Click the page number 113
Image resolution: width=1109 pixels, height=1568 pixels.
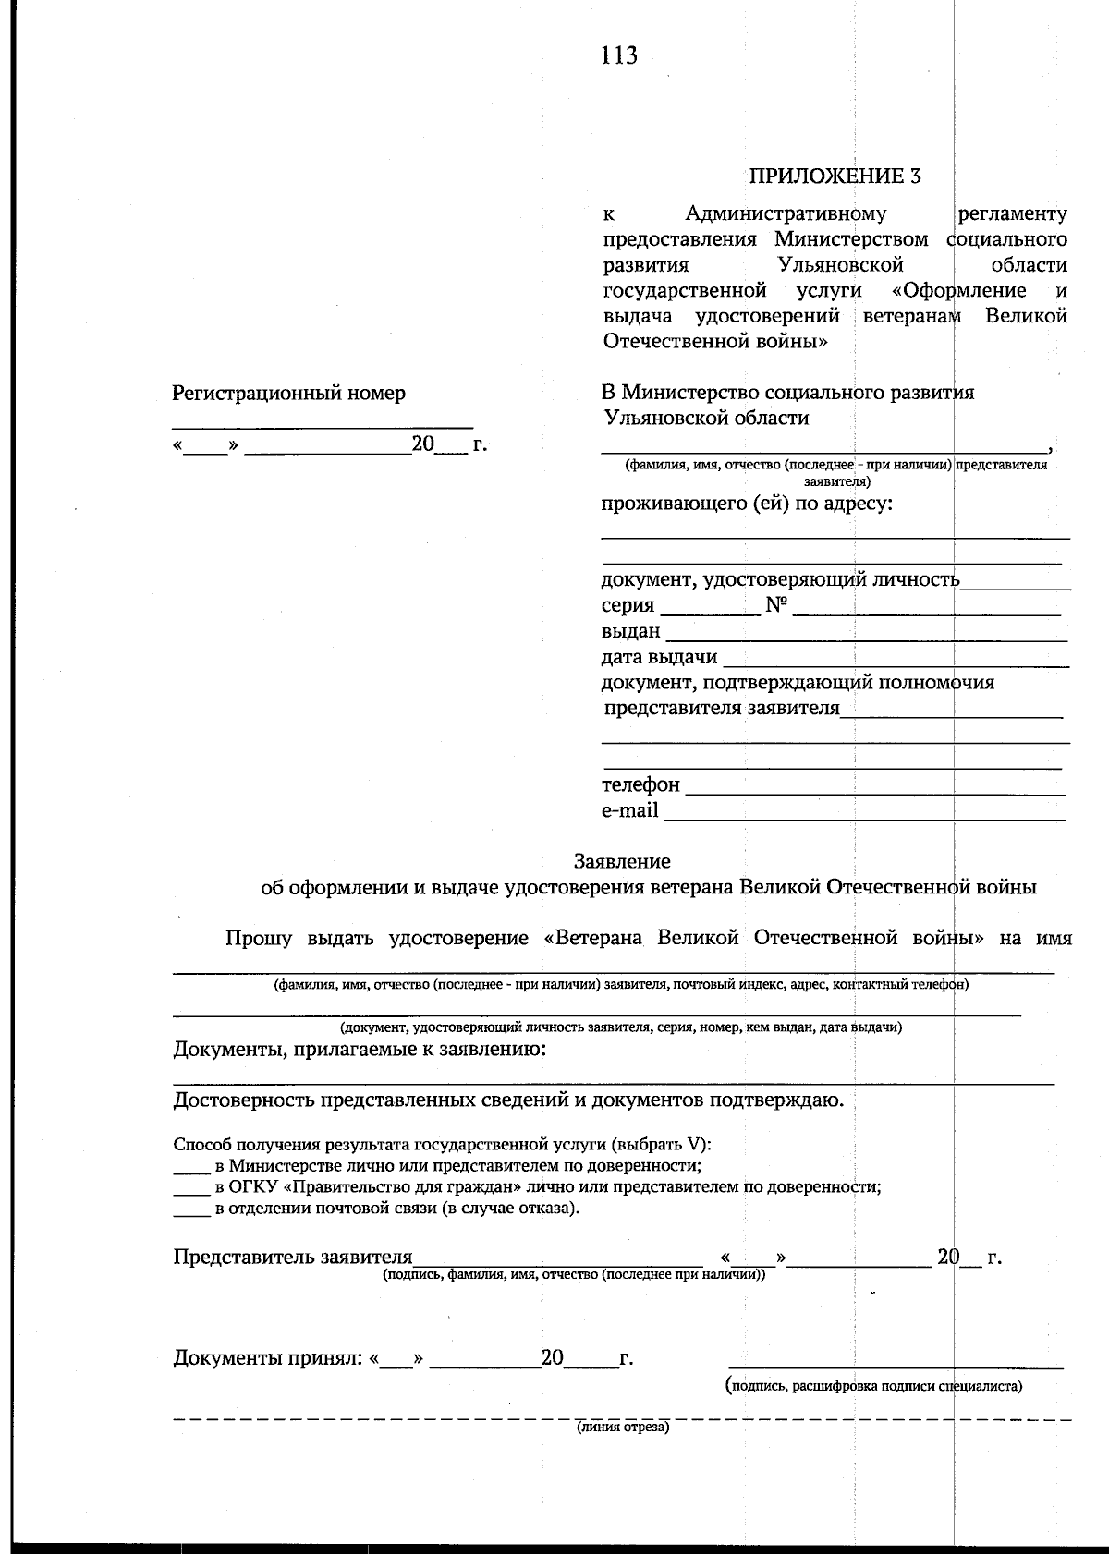click(x=618, y=56)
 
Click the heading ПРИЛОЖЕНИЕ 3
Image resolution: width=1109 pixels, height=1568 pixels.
click(x=835, y=176)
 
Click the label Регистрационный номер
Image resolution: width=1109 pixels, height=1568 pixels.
click(x=288, y=394)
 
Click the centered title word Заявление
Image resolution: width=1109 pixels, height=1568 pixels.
click(x=622, y=861)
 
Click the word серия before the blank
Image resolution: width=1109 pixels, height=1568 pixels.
click(x=628, y=606)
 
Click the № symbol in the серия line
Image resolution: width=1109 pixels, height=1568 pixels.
click(x=776, y=606)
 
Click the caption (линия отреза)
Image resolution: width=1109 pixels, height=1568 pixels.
click(x=622, y=1428)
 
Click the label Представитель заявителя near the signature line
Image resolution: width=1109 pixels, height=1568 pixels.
click(x=293, y=1258)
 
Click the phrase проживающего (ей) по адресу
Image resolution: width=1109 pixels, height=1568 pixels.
click(x=747, y=504)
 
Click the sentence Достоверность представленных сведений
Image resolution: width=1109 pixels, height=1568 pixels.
click(x=508, y=1100)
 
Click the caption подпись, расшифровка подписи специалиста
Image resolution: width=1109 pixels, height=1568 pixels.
click(x=874, y=1386)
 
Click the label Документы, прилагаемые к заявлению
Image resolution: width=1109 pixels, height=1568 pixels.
click(x=360, y=1050)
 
